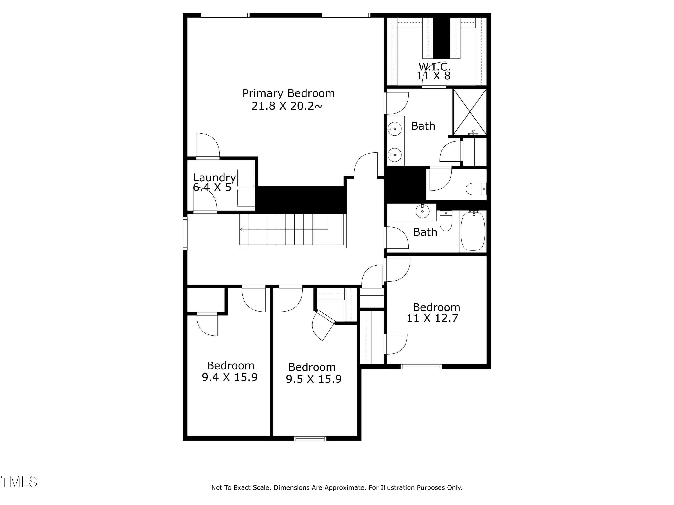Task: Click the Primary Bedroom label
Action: pos(288,93)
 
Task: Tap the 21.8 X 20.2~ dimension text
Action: pos(287,106)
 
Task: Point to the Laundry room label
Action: pos(214,178)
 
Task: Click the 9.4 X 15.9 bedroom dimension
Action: pos(229,377)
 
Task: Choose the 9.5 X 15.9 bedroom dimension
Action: pos(314,379)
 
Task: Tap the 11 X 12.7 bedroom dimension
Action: pos(432,318)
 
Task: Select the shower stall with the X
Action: pos(470,112)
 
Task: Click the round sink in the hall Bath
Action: pos(423,211)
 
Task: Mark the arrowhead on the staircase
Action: pos(241,229)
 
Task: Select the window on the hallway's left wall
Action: pos(185,233)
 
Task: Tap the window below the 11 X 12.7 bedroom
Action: pos(421,367)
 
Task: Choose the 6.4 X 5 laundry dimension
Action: pos(212,187)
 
